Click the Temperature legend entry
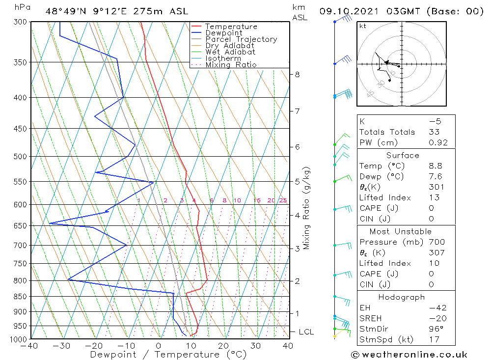point(231,27)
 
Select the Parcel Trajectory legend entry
point(241,39)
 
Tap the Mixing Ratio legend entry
point(231,65)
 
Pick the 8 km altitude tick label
point(297,75)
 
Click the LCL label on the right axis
point(306,332)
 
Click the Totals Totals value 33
point(434,132)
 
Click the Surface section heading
point(403,156)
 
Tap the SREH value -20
point(436,318)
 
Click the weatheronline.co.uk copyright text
point(409,355)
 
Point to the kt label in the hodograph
point(363,26)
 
